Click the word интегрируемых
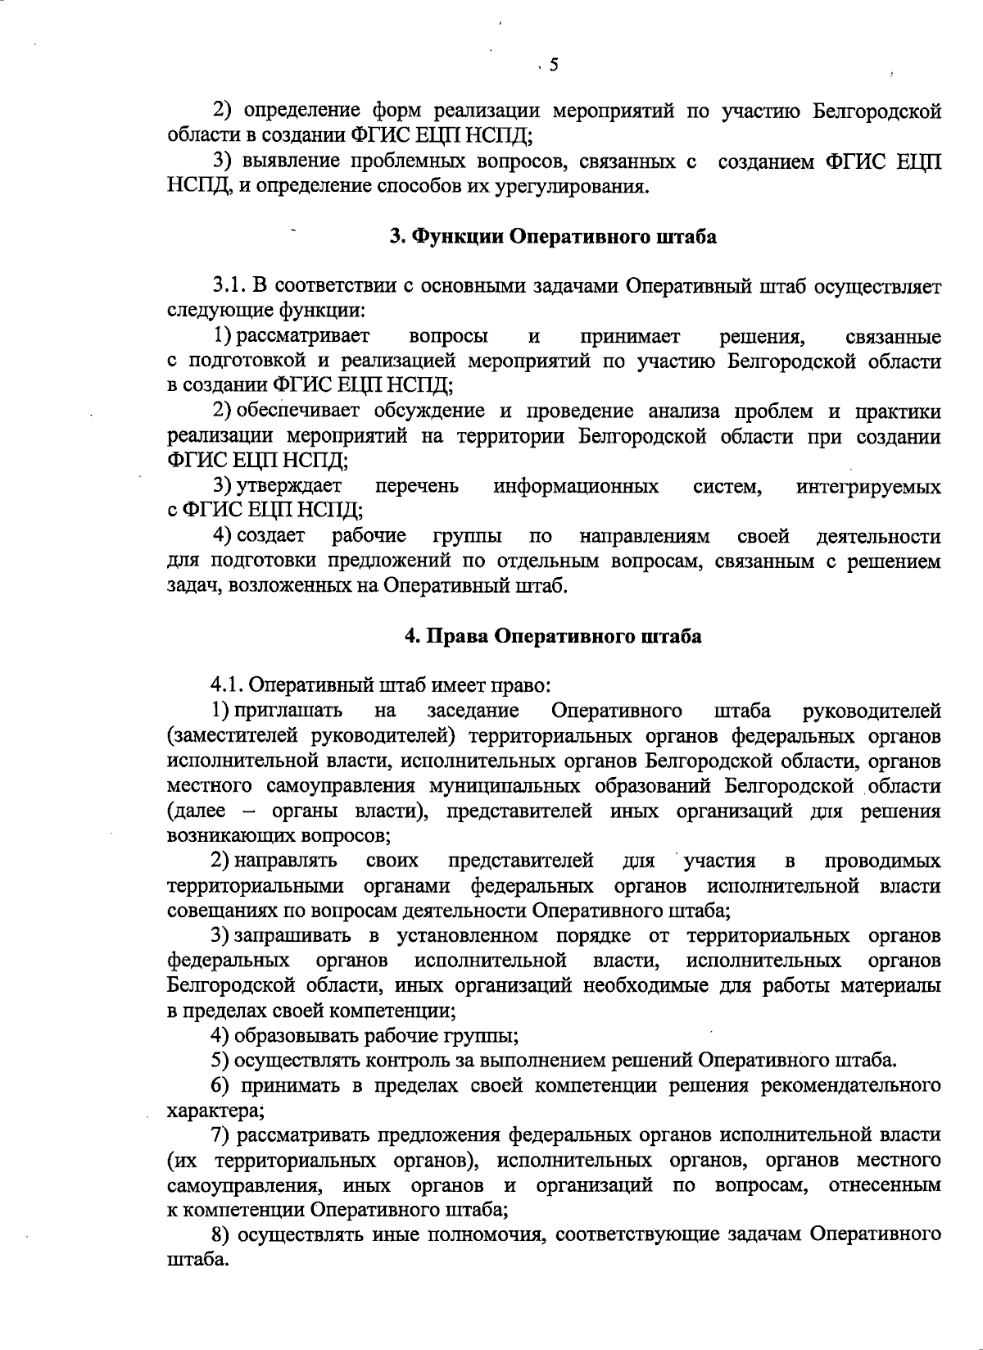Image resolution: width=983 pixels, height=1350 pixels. (868, 487)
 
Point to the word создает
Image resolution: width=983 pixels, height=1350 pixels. (271, 537)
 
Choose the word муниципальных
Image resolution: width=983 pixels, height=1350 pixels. (493, 787)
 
